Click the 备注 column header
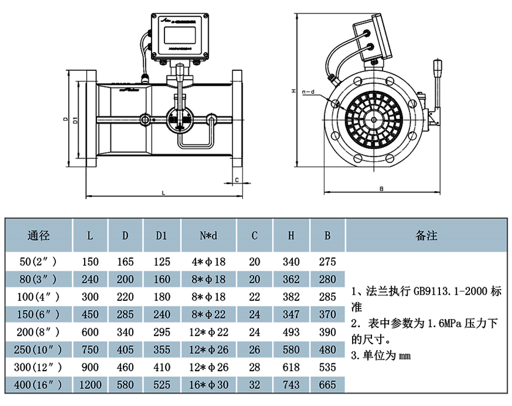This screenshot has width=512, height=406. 426,235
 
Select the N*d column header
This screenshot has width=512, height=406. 209,235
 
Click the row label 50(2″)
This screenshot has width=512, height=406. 38,262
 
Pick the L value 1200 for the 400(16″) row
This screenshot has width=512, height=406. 90,384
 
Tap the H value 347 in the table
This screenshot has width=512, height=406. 291,315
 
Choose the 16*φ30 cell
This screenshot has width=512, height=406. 209,384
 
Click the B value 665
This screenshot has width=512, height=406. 328,384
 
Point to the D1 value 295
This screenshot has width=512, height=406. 162,332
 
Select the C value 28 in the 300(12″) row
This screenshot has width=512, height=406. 255,367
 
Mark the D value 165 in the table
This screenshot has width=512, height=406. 126,262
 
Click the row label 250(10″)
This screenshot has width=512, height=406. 38,350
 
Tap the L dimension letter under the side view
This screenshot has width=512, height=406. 163,193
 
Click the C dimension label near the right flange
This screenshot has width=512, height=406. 236,179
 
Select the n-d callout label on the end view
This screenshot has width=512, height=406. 308,91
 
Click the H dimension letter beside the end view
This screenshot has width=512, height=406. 294,91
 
